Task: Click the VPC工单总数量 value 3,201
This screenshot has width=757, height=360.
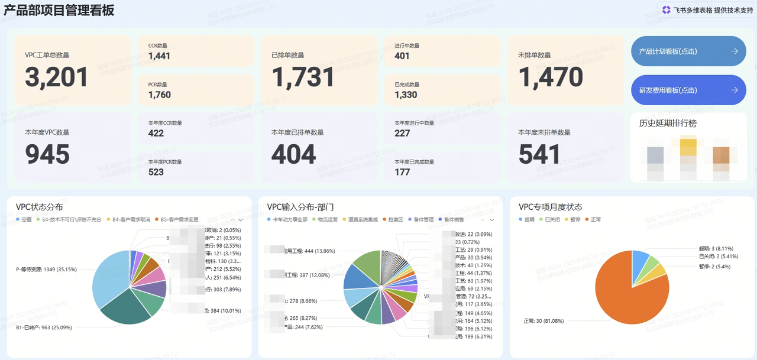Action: (x=57, y=77)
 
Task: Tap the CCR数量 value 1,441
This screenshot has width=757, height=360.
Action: (x=160, y=56)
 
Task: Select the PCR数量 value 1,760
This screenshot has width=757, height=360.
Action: (x=160, y=95)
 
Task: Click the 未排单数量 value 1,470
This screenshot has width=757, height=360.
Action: (x=551, y=77)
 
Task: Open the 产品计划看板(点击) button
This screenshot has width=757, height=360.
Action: (x=688, y=51)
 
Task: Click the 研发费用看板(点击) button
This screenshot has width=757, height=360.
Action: (x=688, y=90)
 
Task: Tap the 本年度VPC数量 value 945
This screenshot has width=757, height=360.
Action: (x=47, y=155)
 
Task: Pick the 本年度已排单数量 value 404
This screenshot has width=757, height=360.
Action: (x=294, y=155)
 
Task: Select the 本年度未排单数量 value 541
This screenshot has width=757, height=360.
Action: (x=540, y=155)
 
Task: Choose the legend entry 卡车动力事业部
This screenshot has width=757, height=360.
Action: (x=289, y=219)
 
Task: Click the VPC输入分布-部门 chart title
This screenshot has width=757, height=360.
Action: (x=300, y=207)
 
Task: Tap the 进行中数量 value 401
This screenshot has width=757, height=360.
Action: (x=402, y=56)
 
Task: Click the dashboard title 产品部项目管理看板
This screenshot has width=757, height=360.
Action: (x=59, y=10)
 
